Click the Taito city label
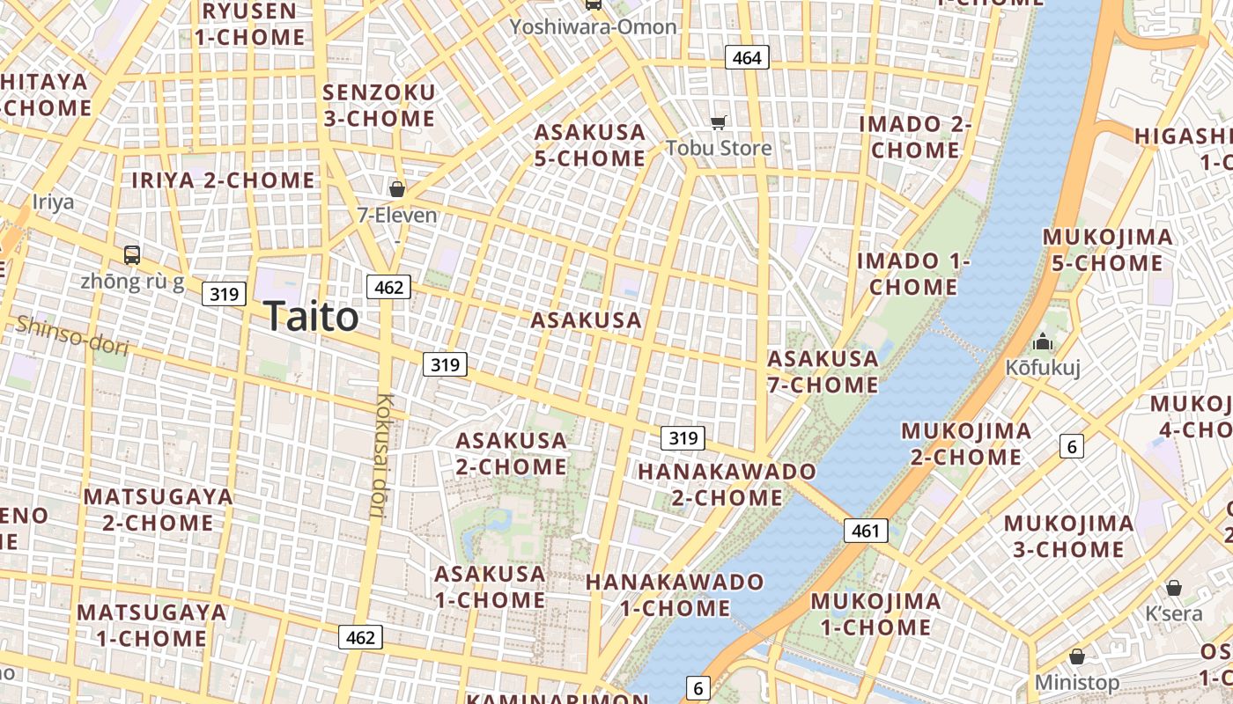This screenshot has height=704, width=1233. coord(311,316)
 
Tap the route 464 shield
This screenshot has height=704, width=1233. coord(747,58)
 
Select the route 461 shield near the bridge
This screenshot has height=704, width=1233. coord(866,531)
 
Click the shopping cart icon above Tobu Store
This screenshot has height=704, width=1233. coord(720,123)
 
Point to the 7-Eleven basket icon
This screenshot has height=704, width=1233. coord(397,188)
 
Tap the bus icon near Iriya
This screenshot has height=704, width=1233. coord(132,255)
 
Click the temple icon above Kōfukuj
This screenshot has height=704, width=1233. coord(1043,341)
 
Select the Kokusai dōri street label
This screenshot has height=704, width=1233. coord(383,455)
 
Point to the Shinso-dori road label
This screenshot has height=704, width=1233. coord(72,336)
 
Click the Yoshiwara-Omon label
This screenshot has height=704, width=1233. coord(594,26)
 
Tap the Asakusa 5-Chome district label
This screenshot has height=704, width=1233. coord(590,145)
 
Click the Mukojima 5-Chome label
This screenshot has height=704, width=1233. coord(1108,250)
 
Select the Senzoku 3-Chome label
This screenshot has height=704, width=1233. coord(379,106)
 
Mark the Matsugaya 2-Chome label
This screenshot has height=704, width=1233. coord(159,510)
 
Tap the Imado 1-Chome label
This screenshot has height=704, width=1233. coord(913,274)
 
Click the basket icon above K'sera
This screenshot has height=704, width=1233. coord(1173,588)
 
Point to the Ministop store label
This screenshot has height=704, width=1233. coord(1076,682)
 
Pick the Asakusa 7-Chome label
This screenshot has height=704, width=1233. coord(823,371)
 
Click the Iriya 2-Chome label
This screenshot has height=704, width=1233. coord(223,180)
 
